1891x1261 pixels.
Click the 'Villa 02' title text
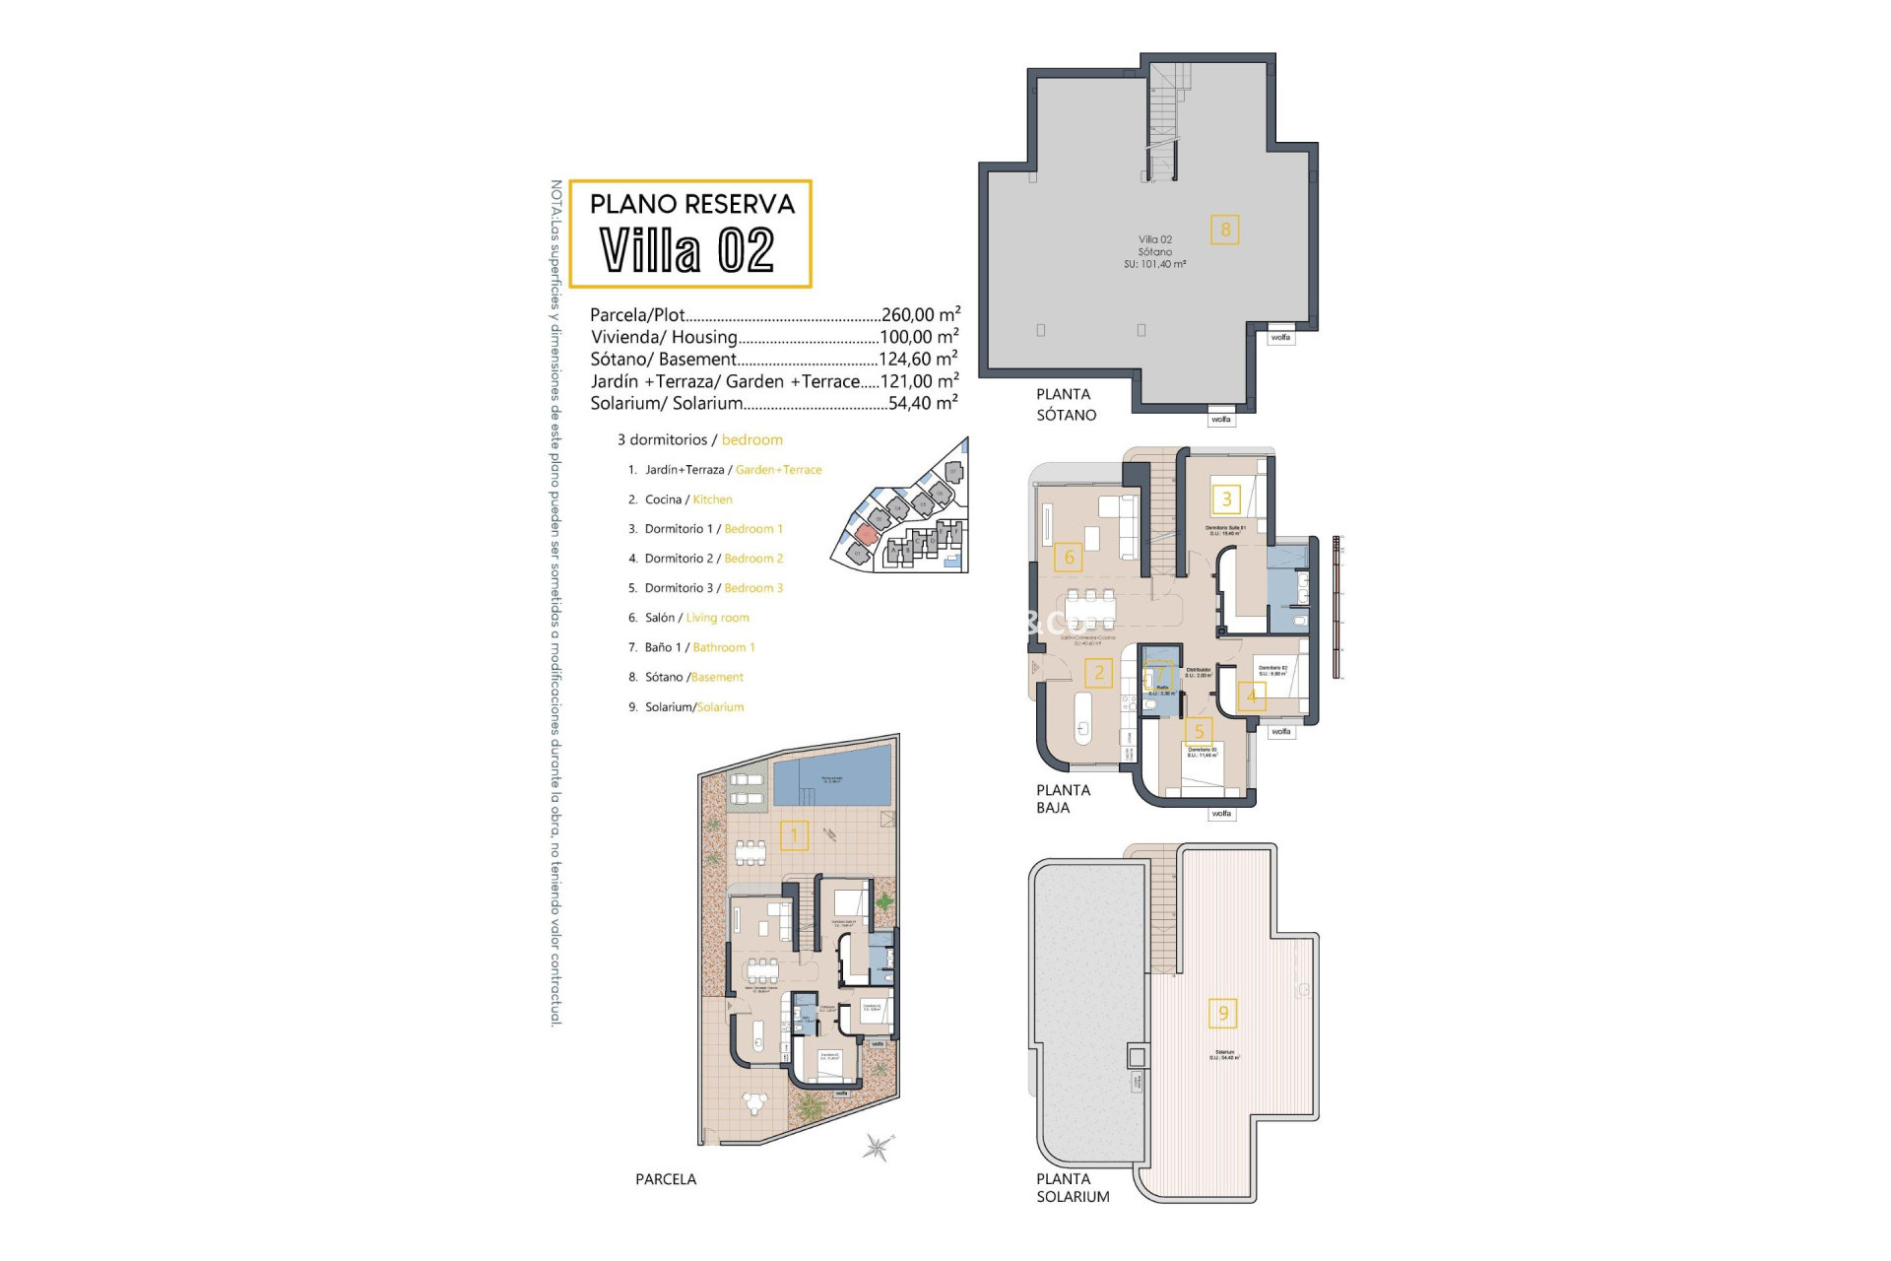[x=687, y=250]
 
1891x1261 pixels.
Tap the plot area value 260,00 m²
[x=920, y=314]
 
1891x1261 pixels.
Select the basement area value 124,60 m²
[x=918, y=359]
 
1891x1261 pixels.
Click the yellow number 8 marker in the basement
[x=1225, y=230]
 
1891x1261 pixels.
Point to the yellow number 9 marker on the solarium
[x=1223, y=1013]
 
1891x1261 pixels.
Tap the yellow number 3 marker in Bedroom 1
[x=1226, y=498]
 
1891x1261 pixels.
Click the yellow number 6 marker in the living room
[x=1070, y=558]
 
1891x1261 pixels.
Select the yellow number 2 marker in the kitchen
[x=1099, y=673]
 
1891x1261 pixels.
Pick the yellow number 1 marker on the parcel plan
[x=794, y=835]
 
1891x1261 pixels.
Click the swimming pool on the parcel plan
[x=831, y=779]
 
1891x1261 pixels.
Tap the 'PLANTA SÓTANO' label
[x=1066, y=404]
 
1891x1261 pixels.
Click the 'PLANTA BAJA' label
[x=1063, y=798]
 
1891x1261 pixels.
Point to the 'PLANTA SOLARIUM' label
[x=1072, y=1187]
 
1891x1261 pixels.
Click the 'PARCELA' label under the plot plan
[x=666, y=1179]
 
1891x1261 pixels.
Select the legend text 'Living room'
[x=717, y=618]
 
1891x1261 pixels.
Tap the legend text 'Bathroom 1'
[x=724, y=647]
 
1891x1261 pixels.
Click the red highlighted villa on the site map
[x=866, y=533]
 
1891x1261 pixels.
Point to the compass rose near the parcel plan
[x=877, y=1147]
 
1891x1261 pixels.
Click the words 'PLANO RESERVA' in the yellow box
[x=691, y=204]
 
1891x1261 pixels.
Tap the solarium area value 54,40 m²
[x=922, y=403]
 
